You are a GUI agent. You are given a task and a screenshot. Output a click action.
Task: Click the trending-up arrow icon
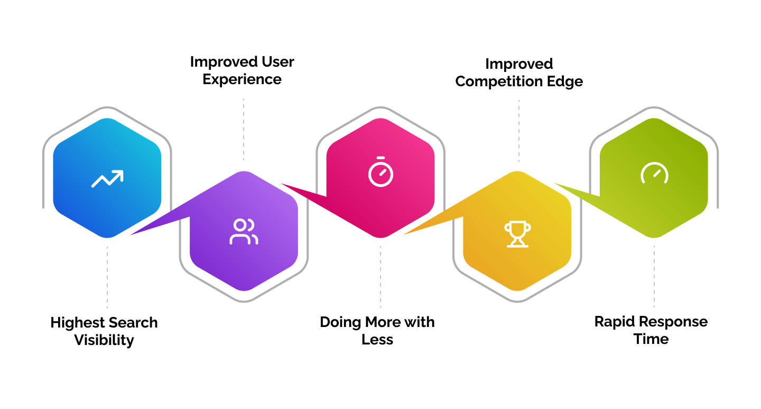point(107,179)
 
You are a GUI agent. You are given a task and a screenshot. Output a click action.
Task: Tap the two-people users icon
point(244,232)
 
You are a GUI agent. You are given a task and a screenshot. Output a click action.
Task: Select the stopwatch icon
point(381,172)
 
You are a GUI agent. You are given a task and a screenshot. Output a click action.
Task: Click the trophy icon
point(517,234)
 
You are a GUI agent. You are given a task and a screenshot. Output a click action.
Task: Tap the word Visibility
point(104,340)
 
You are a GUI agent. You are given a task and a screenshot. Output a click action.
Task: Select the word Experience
point(242,79)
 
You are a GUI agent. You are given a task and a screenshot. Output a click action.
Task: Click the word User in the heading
point(278,62)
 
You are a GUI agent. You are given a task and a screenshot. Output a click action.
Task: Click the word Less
point(377,340)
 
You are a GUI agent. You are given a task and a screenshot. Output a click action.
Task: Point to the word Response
point(674,322)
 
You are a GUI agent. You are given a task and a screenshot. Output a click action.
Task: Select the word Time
point(651,339)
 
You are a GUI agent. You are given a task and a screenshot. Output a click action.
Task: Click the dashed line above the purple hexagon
point(244,129)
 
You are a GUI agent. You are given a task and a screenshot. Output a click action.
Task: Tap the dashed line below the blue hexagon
point(107,277)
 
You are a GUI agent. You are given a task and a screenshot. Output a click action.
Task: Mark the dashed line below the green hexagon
point(654,276)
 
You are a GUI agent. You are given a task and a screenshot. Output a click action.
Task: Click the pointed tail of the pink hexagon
point(283,184)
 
